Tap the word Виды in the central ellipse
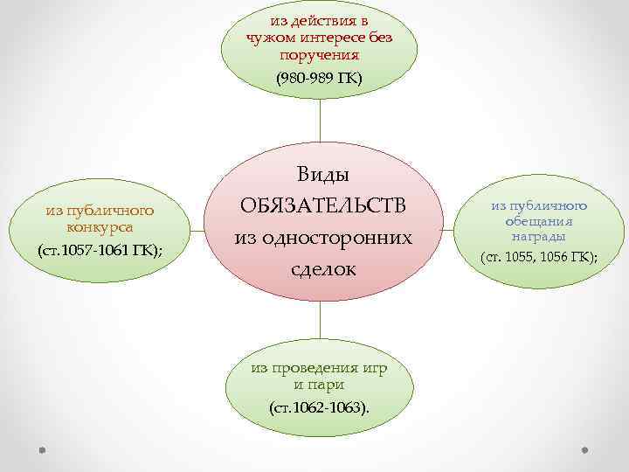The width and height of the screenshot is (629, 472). [320, 175]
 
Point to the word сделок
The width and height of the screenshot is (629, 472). [320, 268]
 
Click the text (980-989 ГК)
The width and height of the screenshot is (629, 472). [319, 78]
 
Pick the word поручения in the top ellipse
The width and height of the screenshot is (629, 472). [319, 54]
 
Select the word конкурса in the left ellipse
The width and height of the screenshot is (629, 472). [100, 226]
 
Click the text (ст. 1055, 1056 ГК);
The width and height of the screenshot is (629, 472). [539, 256]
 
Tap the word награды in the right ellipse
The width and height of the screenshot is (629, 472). [539, 236]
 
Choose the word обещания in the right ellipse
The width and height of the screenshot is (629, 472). [539, 221]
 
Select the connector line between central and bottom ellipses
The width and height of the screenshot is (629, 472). [321, 324]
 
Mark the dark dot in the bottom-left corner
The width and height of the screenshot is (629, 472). [41, 450]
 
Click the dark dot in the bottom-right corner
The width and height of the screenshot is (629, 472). [586, 450]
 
